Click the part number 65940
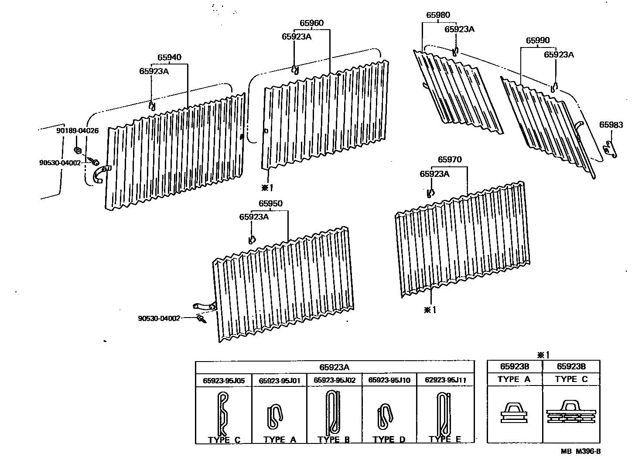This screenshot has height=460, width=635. pos(170,57)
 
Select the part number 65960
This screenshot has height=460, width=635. pos(311,23)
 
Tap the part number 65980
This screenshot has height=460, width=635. pos(438,16)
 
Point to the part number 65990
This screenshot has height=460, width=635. pos(537,41)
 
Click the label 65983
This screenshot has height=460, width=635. pos(611,125)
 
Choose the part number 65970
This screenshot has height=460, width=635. pos(450,160)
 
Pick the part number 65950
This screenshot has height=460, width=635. pos(270,203)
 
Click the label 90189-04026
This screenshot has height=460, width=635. pos(77,131)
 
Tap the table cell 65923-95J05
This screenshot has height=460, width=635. pos(224,380)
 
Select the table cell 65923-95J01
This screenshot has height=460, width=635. pos(280,380)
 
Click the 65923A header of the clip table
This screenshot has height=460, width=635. pos(335,367)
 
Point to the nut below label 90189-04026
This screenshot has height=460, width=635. pos(77,150)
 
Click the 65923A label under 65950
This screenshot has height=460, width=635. pos(254,216)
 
